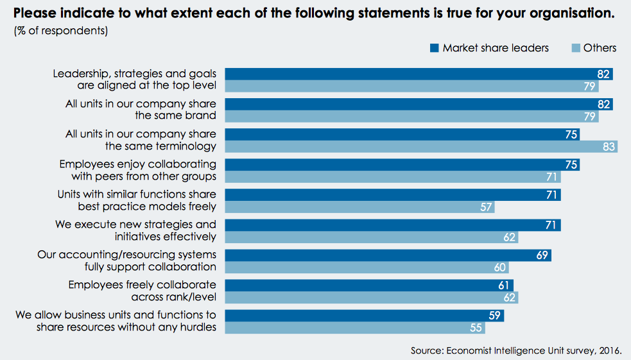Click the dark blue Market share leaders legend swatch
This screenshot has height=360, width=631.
pos(433,48)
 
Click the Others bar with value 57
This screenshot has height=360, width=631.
pos(359,207)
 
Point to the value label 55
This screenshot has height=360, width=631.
pos(475,328)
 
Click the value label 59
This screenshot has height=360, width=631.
pos(494,316)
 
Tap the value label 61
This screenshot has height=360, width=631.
pos(504,286)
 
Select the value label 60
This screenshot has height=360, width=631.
pos(499,268)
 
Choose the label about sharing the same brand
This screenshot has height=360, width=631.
pos(141,110)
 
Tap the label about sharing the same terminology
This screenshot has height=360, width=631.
pos(141,141)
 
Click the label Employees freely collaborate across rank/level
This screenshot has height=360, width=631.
pos(142,291)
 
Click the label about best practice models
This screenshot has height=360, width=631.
pos(137,200)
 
